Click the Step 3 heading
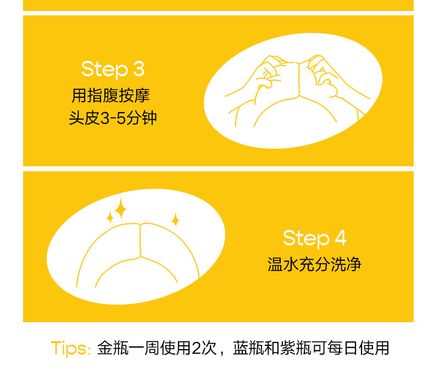tap(113, 70)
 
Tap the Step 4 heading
tap(315, 238)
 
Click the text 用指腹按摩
tap(111, 96)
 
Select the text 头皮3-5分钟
tap(113, 118)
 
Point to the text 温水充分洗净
tap(314, 265)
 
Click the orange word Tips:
tap(70, 349)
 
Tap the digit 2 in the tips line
tap(196, 348)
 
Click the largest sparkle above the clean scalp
tap(120, 207)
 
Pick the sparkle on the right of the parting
tap(175, 220)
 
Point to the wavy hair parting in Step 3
tap(299, 80)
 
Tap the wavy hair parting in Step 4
tap(140, 240)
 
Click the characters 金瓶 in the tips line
tap(113, 348)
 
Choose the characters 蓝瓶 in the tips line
tap(248, 348)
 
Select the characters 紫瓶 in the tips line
tap(296, 348)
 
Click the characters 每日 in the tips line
tap(343, 348)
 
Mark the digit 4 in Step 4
tap(341, 237)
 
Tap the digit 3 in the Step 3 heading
tap(139, 69)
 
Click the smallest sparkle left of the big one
tap(110, 217)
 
